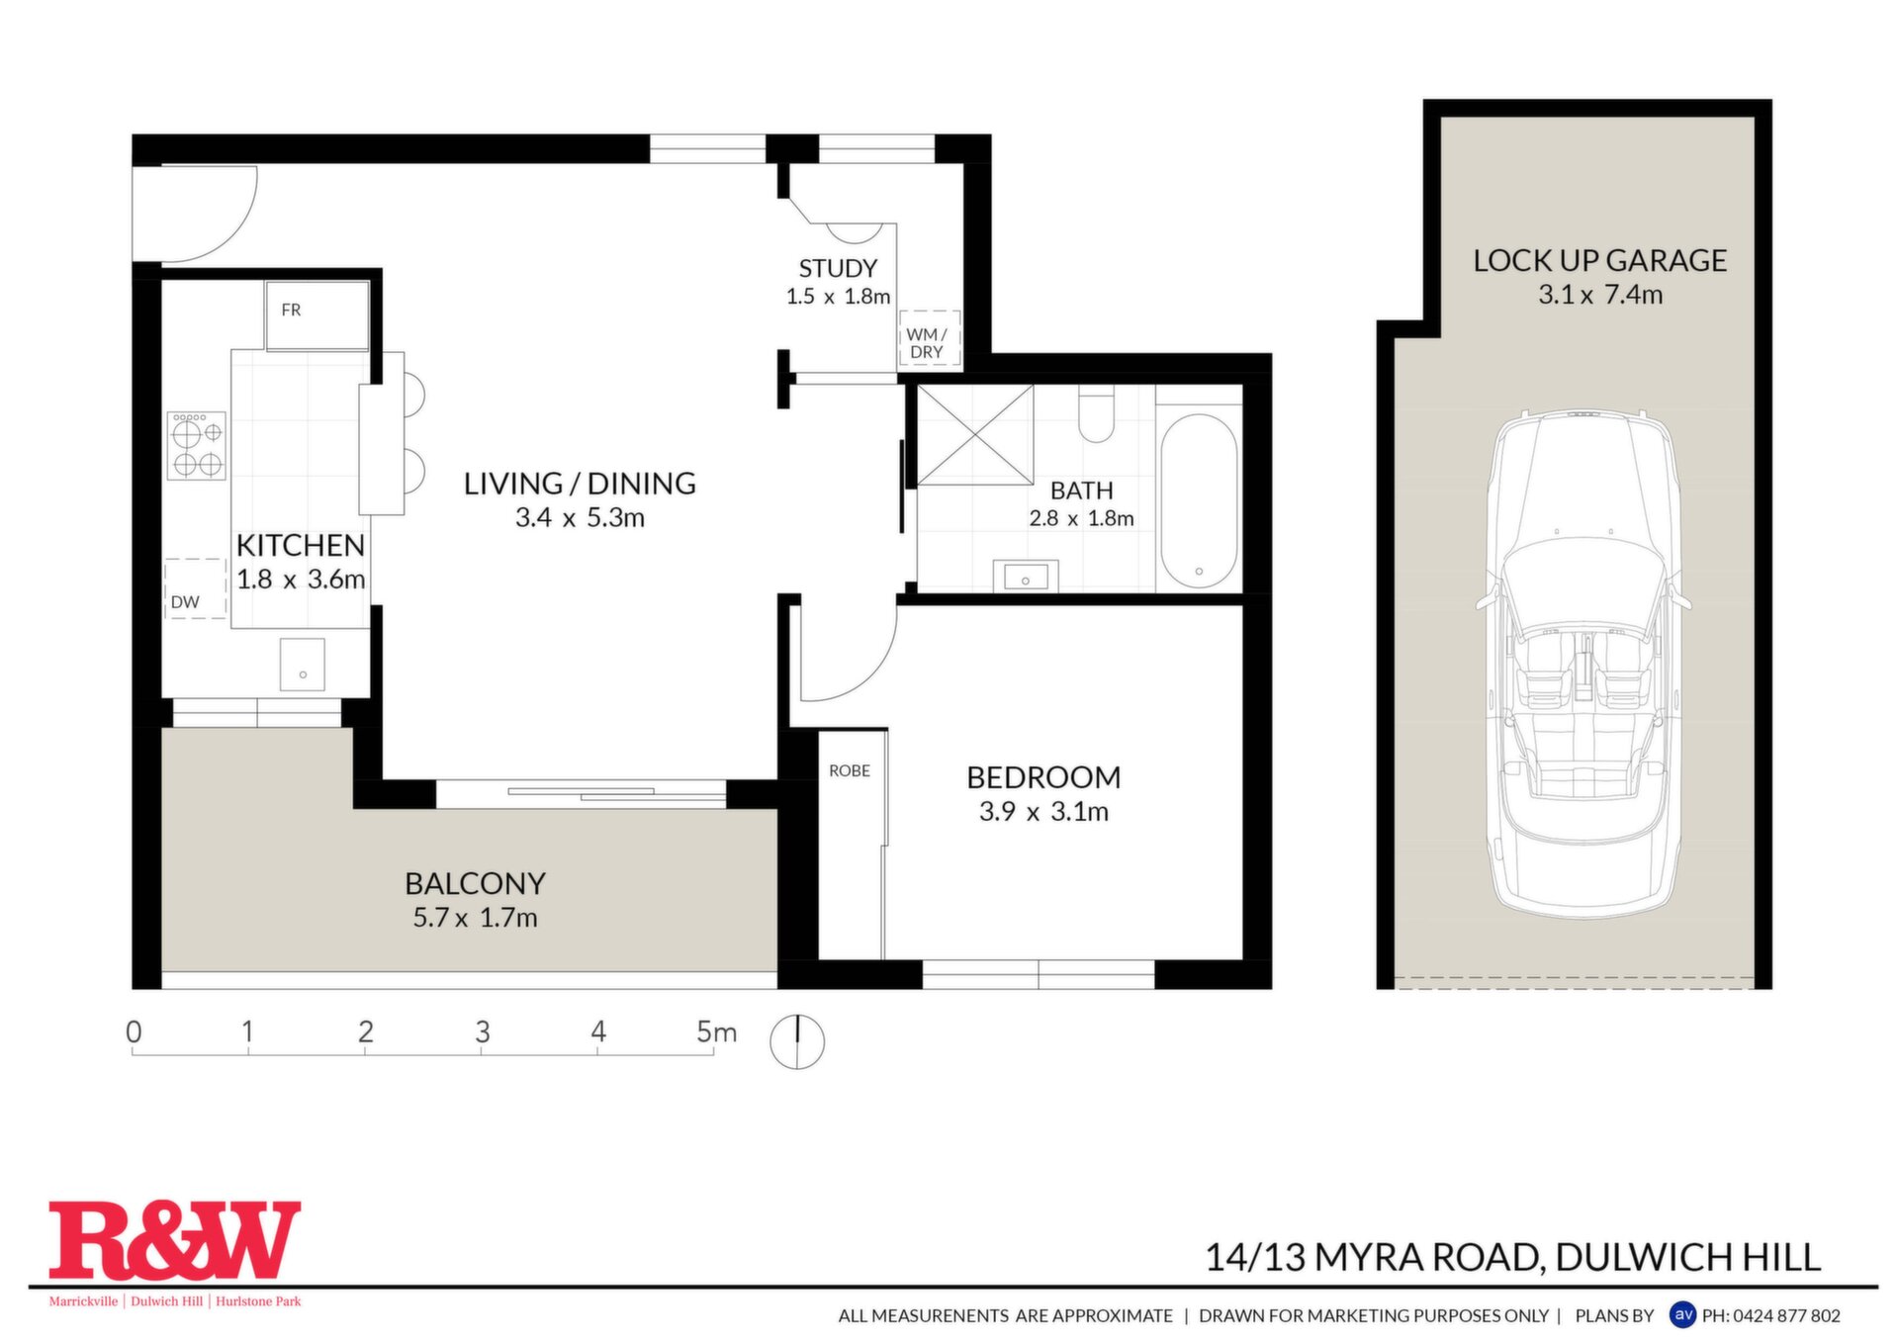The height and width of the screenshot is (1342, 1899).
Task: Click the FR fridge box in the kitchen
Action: pos(317,315)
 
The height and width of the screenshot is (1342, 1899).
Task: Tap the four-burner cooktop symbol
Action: pos(196,446)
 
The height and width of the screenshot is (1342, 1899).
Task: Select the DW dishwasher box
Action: pos(196,589)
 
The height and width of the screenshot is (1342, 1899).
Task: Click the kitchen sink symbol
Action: pos(303,665)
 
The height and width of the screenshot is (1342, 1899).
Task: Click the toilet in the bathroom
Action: pos(1096,415)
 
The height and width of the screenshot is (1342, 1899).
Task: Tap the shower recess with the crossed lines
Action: pos(975,435)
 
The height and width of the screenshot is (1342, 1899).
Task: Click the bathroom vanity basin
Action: pos(1026,576)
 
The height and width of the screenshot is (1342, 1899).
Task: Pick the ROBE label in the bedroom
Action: pos(850,770)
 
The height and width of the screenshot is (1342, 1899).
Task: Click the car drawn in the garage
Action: pos(1582,664)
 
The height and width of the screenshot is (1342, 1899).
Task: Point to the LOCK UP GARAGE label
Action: pos(1599,260)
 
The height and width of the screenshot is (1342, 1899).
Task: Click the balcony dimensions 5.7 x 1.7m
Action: pos(475,918)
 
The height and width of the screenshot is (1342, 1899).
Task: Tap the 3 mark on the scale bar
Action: pos(482,1031)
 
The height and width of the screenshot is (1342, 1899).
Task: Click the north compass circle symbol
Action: pos(797,1041)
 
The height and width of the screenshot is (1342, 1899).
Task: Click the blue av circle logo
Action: pos(1682,1314)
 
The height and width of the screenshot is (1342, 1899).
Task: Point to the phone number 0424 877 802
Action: pos(1786,1315)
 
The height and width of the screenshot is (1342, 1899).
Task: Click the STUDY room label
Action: pos(838,269)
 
